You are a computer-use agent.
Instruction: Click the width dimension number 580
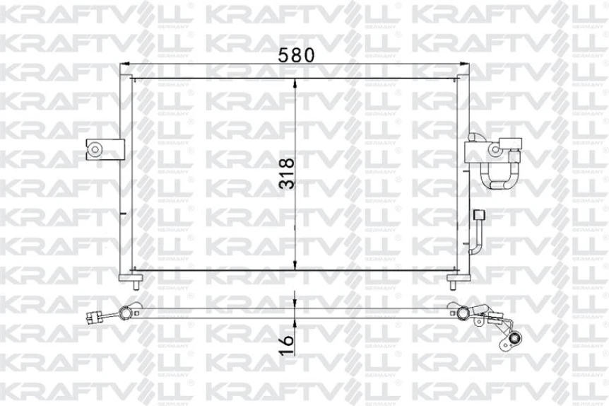(x=295, y=55)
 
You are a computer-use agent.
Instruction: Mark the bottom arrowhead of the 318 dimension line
(x=295, y=267)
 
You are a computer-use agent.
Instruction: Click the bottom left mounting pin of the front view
(x=134, y=284)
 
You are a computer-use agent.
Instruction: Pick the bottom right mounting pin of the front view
(x=453, y=284)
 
